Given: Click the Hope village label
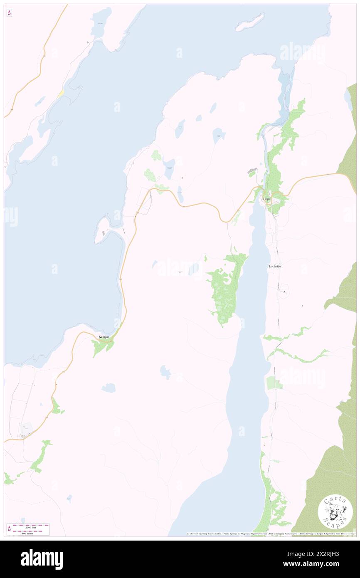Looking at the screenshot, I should click(x=266, y=199).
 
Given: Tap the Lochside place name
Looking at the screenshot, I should click(x=275, y=266).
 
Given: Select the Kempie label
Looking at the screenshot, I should click(x=104, y=337).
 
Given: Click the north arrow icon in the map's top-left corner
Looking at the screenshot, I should click(x=9, y=13).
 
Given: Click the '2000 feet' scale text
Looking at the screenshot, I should click(x=31, y=527).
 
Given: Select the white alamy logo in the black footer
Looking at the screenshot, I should click(x=42, y=559).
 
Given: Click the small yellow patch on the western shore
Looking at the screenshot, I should click(x=61, y=94).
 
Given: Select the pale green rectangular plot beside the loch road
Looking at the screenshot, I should click(x=272, y=383).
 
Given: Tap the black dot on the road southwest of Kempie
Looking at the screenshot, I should click(x=56, y=384).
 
